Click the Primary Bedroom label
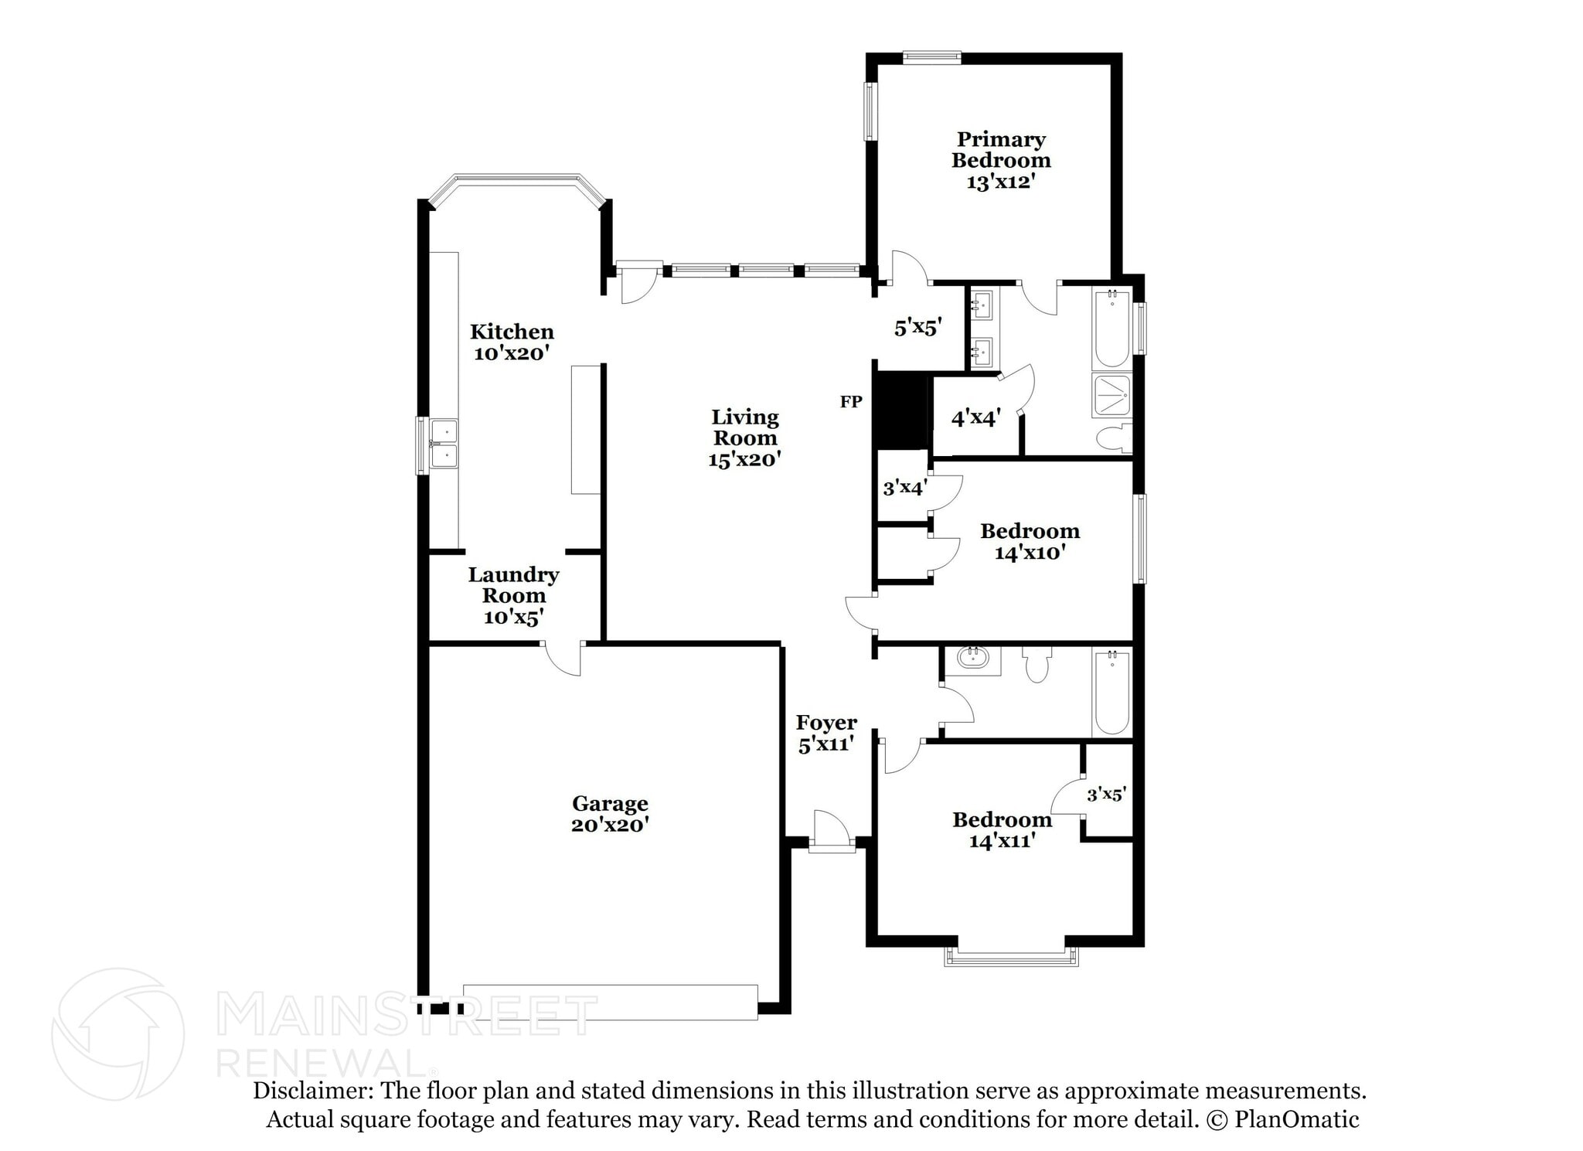[x=1000, y=160]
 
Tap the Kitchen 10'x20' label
[x=512, y=342]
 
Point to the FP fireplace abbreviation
[x=851, y=402]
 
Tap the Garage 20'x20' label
[x=610, y=814]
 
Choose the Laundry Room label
[x=513, y=595]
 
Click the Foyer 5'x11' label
[x=826, y=733]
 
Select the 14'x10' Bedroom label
[x=1030, y=541]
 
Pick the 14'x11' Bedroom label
[x=1002, y=829]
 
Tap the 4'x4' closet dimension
[x=975, y=418]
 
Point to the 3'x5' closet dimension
[x=1106, y=794]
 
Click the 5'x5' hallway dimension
[x=917, y=328]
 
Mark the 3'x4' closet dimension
[x=904, y=488]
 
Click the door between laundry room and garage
[x=563, y=659]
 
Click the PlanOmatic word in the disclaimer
[x=1296, y=1119]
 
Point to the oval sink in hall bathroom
[x=972, y=659]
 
